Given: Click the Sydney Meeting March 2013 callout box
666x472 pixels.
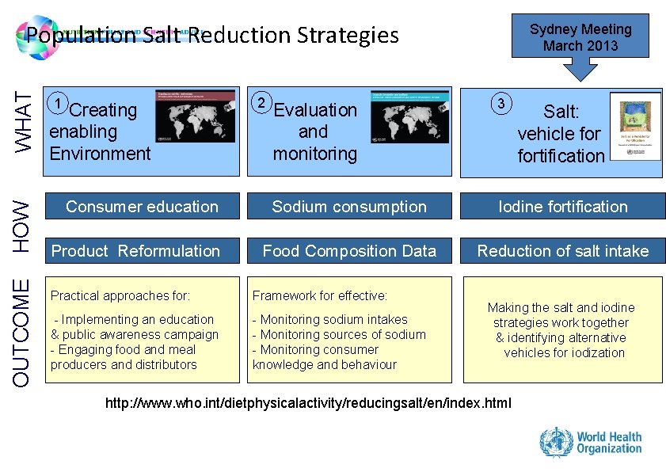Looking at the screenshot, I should (x=580, y=36).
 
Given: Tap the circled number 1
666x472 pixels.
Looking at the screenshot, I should (x=57, y=103).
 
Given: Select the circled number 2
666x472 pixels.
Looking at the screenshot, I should (x=261, y=103).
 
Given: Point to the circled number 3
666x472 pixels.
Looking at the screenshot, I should (x=500, y=104).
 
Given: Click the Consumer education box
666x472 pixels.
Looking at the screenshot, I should (x=142, y=207).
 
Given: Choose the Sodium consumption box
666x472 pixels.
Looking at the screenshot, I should (x=349, y=207).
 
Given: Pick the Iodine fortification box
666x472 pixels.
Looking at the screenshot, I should (x=562, y=207).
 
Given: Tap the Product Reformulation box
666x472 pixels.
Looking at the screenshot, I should (x=142, y=251).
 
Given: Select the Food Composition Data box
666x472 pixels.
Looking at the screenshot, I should (x=349, y=251).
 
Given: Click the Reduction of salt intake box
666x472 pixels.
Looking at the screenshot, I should (x=562, y=251).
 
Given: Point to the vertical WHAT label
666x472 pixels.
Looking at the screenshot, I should (x=25, y=122).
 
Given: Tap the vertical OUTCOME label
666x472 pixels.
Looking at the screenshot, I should (x=25, y=331).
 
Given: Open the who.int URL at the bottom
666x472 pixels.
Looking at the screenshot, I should (x=308, y=404).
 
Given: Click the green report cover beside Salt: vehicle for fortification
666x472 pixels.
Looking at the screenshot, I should (x=641, y=130).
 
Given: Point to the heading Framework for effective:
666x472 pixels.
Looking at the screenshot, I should (x=320, y=296).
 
